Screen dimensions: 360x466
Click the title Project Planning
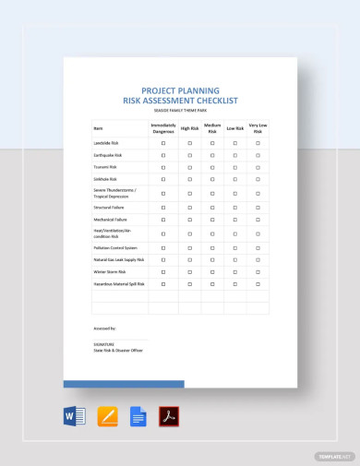coord(180,90)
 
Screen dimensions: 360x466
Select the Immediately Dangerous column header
coord(162,128)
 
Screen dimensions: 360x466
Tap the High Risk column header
coord(190,128)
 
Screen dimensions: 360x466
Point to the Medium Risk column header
coord(212,128)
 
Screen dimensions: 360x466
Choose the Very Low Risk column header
coord(258,128)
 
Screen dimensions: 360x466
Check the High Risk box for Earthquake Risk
coord(190,157)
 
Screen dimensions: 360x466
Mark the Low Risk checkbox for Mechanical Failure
coord(235,221)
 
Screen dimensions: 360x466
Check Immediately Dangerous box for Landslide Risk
coord(162,144)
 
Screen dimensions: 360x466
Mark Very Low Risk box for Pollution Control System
coord(258,248)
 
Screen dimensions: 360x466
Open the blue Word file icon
coord(75,416)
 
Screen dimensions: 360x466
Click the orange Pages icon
coord(107,416)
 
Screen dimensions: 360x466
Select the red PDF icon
coord(169,416)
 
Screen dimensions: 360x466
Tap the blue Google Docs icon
coord(138,416)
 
